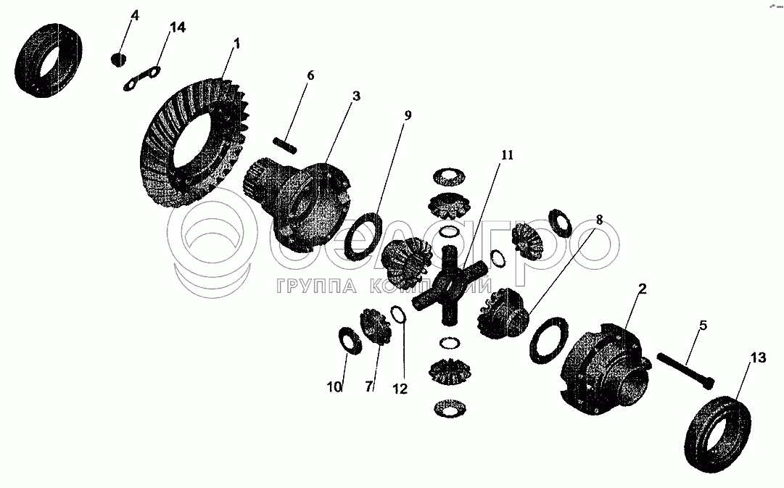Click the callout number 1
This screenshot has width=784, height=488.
point(236,44)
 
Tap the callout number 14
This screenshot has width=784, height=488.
point(177,28)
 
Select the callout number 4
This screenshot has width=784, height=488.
point(133,15)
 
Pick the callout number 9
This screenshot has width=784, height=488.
point(408,115)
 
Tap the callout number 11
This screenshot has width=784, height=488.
point(506,155)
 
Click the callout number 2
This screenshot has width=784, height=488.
point(641,289)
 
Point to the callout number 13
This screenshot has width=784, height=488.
point(757,357)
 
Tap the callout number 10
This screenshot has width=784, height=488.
point(334,388)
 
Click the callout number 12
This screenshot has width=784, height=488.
point(400,389)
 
